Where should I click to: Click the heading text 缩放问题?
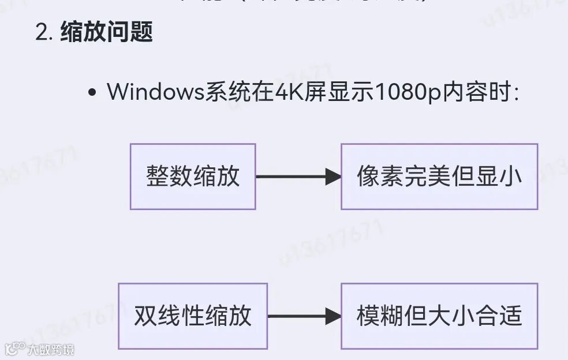click(x=106, y=32)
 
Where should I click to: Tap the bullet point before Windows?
click(x=92, y=93)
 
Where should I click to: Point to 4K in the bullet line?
click(x=283, y=92)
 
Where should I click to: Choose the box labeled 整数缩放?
click(x=193, y=177)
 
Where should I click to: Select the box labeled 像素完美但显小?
click(x=439, y=177)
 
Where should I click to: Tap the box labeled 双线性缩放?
click(x=193, y=316)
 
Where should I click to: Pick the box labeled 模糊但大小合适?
click(x=439, y=316)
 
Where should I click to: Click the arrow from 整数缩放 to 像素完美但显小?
click(x=298, y=177)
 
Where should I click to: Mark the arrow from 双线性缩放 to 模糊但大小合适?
click(x=304, y=316)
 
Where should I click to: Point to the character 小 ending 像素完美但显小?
click(x=512, y=177)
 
